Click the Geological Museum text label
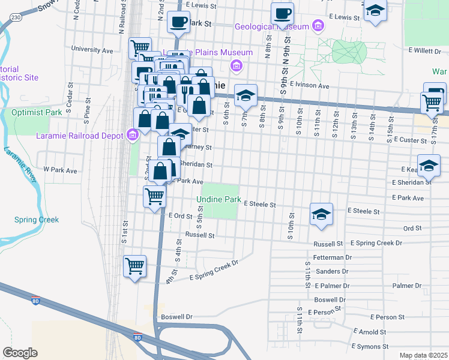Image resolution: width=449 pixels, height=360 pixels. click(271, 26)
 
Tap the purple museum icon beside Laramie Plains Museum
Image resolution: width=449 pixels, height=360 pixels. click(237, 65)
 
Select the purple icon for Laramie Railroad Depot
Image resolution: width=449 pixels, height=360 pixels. click(133, 136)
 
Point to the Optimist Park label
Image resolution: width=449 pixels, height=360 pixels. click(37, 112)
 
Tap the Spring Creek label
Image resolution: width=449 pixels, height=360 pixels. click(37, 220)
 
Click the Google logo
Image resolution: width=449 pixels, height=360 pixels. click(20, 353)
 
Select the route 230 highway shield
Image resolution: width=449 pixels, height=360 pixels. click(16, 18)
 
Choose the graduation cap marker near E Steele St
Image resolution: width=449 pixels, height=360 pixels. click(321, 214)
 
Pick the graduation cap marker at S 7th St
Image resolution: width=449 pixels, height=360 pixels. click(246, 95)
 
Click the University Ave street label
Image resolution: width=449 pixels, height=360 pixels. click(92, 50)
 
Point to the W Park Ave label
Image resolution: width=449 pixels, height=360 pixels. click(60, 170)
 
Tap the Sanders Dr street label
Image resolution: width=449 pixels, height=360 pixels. click(328, 271)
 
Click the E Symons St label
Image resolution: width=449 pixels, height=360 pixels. click(369, 346)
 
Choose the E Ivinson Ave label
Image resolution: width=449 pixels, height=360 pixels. click(309, 86)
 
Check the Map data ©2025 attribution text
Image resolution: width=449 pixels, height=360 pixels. click(423, 355)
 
